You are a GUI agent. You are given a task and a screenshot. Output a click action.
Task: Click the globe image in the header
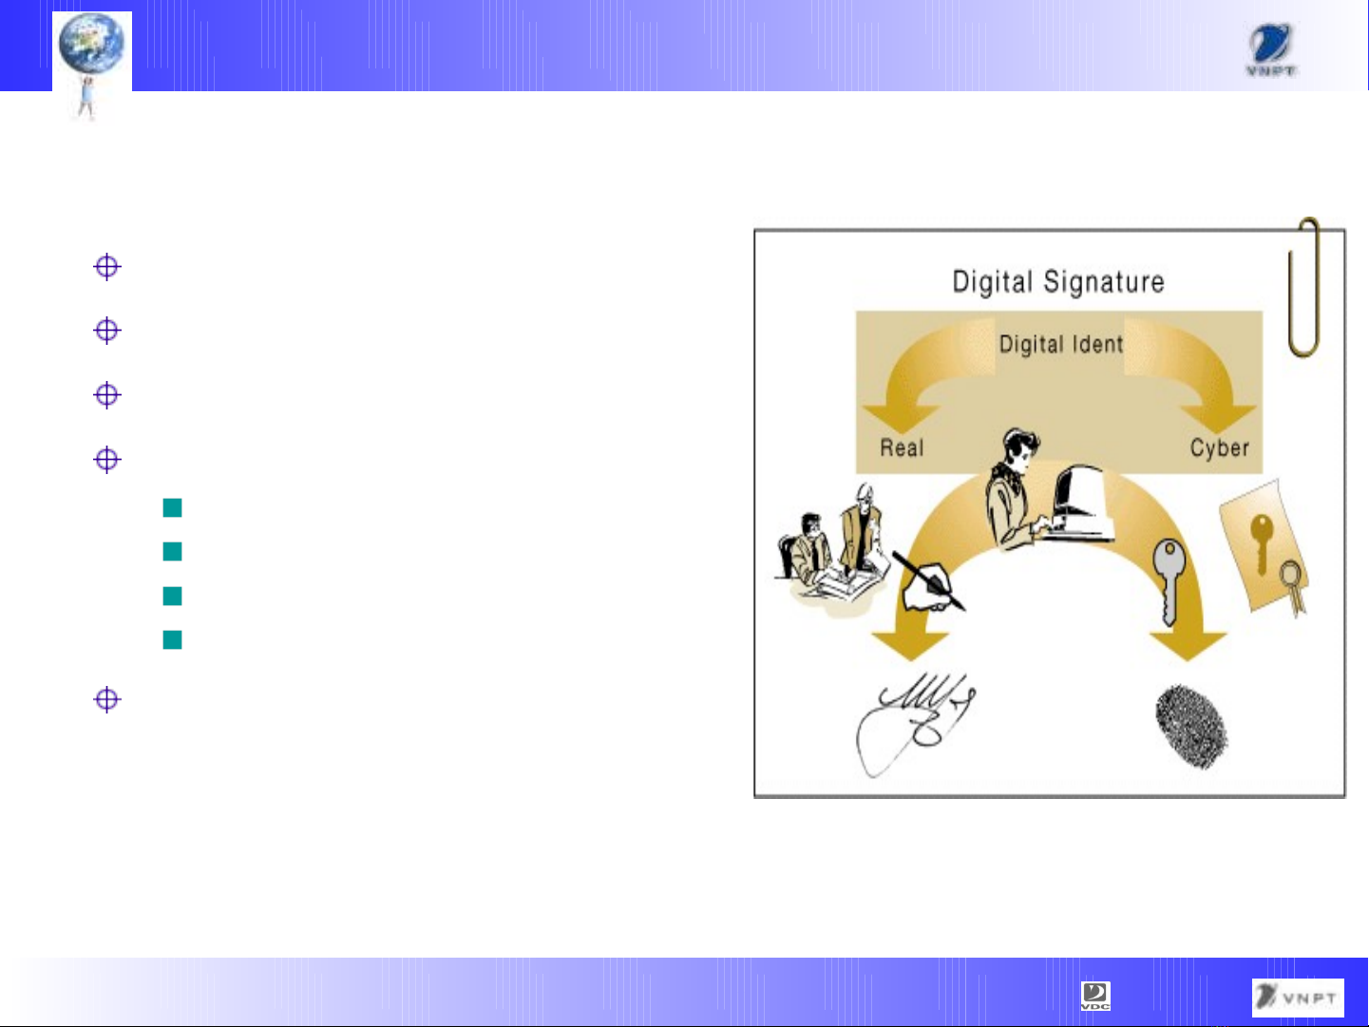(92, 43)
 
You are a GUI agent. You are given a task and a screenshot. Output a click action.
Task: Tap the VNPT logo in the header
(1270, 50)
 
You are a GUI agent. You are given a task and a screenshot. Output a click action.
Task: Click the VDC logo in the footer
(1095, 996)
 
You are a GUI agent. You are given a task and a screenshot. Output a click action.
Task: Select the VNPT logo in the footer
(1298, 997)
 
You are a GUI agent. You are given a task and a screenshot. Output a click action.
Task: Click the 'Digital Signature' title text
(1058, 282)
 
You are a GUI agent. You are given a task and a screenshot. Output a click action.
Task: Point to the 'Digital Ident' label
(1061, 344)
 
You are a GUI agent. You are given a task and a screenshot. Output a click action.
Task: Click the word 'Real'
(902, 447)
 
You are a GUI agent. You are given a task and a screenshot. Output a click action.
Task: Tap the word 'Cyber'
(1219, 447)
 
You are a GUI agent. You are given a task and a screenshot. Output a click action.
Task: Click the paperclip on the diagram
(1304, 287)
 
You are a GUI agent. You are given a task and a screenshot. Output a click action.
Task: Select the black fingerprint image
(1191, 727)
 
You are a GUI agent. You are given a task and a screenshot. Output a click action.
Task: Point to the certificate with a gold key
(1263, 549)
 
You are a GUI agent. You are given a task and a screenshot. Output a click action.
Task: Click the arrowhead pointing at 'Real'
(902, 418)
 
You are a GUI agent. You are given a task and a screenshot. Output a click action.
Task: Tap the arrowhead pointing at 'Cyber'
(1218, 418)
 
